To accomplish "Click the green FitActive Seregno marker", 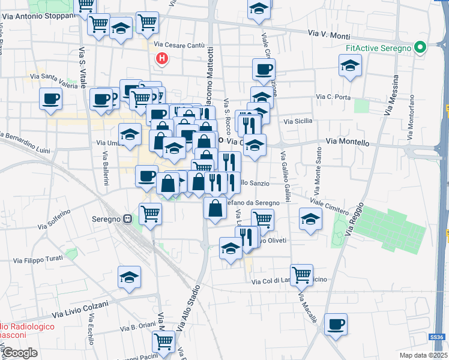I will (421, 47).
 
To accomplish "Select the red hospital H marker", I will (161, 58).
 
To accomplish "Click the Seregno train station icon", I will (128, 219).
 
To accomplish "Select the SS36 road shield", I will (440, 337).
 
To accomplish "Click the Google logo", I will (19, 353).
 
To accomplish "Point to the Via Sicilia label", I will (298, 121).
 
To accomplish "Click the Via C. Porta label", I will (333, 97).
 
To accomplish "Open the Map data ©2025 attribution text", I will (423, 355).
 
